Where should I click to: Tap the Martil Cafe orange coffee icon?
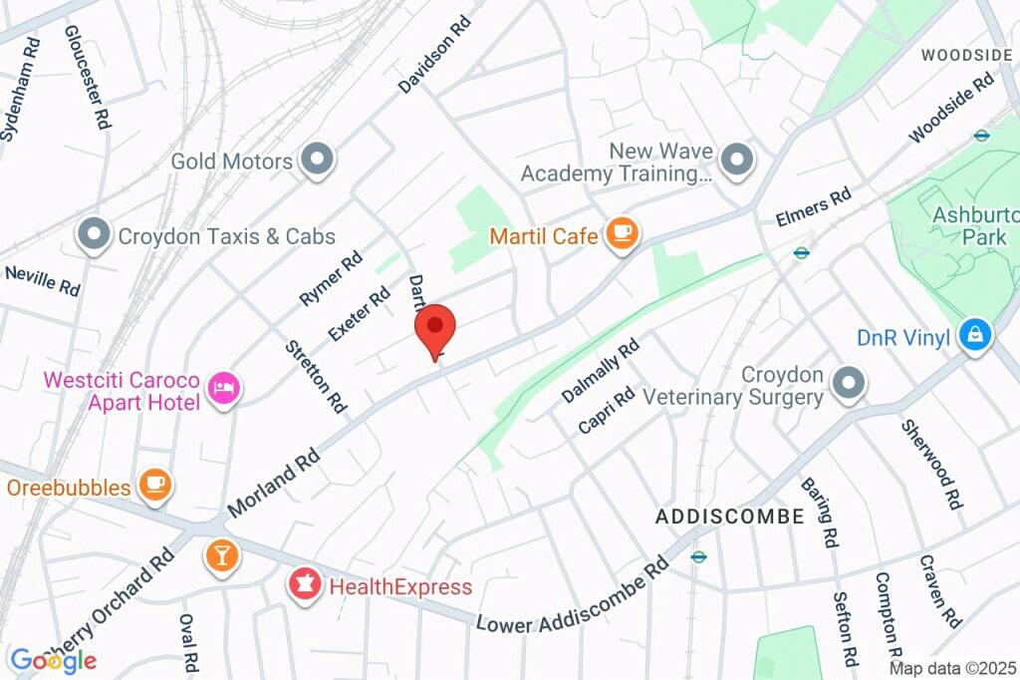tap(624, 234)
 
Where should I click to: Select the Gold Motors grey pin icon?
tap(318, 160)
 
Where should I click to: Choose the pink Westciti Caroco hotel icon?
tap(223, 388)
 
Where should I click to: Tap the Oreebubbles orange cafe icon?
tap(155, 486)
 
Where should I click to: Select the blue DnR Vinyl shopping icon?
tap(974, 335)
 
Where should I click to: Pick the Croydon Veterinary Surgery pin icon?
tap(849, 383)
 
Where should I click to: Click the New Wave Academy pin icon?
tap(737, 160)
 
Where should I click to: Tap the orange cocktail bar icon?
tap(221, 555)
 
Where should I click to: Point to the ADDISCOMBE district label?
tap(729, 516)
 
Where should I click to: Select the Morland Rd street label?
tap(273, 481)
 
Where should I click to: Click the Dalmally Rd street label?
tap(600, 371)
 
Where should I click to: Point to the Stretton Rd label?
tap(316, 377)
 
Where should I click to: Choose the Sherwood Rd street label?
tap(931, 465)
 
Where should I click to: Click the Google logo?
tap(53, 659)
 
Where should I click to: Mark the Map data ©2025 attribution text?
tap(951, 668)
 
